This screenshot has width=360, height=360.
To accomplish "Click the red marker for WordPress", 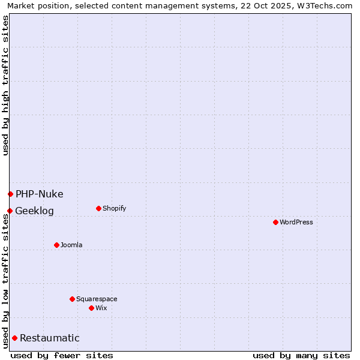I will click(x=275, y=222).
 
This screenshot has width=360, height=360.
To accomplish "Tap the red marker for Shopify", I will click(x=98, y=208).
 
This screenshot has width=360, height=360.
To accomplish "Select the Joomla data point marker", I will click(x=56, y=245).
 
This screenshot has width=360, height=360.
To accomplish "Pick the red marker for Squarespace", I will click(x=72, y=299).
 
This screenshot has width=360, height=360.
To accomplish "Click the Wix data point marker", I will click(x=91, y=308).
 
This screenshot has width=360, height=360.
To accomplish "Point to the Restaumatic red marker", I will click(x=14, y=338).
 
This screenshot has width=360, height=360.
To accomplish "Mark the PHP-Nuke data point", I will click(x=10, y=194).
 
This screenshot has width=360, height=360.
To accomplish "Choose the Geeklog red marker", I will click(x=10, y=211).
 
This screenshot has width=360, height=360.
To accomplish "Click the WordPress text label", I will click(x=296, y=222).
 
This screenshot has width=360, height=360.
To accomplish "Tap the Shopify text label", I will click(x=114, y=208).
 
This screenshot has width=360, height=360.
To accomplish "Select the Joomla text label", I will click(x=71, y=245).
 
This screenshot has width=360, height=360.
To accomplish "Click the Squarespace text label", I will click(x=97, y=299).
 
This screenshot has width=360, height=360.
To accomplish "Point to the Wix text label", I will click(x=101, y=308).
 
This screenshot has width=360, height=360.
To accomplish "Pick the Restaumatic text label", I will click(x=49, y=338).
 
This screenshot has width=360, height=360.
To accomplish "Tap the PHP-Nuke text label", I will click(x=39, y=194).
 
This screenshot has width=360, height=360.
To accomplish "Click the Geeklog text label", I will click(x=34, y=211).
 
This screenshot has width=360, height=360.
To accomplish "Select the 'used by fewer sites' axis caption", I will click(x=62, y=355).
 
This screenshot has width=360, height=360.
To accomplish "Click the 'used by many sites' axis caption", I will click(x=301, y=355).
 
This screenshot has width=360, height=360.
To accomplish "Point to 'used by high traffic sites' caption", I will click(x=5, y=85).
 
